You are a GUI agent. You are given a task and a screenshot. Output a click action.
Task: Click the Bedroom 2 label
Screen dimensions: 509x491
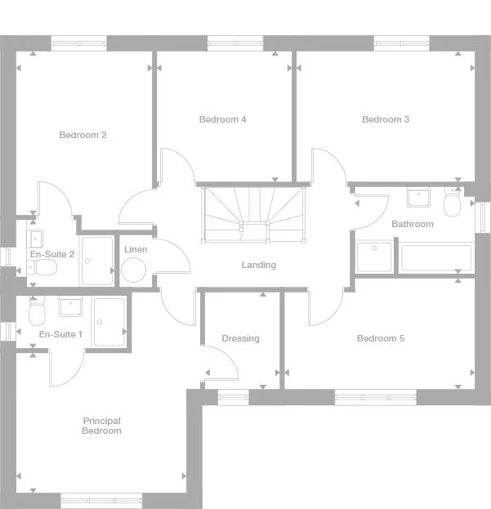point(83,135)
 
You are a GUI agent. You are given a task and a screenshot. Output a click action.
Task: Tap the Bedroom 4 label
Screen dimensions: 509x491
point(222,119)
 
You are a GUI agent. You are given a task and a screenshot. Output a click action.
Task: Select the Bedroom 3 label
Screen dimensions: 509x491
point(386,119)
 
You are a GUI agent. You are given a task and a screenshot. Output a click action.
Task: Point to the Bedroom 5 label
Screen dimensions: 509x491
point(381,338)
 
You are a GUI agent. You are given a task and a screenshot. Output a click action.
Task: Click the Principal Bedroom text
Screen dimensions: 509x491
point(101,426)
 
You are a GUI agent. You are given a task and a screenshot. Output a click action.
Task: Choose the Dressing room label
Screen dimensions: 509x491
point(240,338)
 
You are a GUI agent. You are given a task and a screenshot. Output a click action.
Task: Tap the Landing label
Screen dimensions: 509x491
point(258,265)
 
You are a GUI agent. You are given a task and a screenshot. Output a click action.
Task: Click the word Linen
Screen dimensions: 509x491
point(136,248)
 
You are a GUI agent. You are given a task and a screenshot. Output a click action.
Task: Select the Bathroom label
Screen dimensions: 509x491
point(412,224)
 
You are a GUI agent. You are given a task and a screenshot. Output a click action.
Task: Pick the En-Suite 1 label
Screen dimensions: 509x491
point(60,334)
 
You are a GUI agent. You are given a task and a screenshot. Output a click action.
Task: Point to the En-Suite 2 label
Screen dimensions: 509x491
point(52,254)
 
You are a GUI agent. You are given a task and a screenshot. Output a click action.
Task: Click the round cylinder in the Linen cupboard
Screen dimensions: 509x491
point(133,270)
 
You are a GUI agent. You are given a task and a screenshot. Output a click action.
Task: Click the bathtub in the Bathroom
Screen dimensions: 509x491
point(436,257)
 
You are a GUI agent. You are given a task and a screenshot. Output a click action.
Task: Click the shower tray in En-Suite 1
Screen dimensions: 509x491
point(109,321)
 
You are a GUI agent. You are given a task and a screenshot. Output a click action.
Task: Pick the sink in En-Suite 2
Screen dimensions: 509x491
point(36,239)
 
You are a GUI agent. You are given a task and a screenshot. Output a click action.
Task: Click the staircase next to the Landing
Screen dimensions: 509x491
point(253,213)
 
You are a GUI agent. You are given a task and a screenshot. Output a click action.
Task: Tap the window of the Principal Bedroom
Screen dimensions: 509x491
point(101,500)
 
